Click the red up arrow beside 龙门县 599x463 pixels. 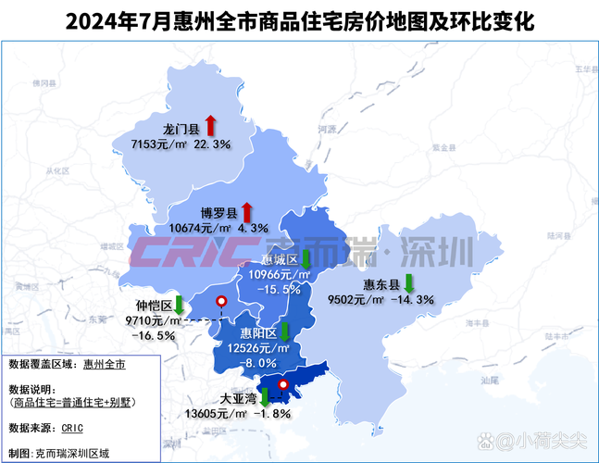(210, 125)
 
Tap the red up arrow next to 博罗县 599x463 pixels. (247, 209)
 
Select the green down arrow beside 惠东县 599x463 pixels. (408, 283)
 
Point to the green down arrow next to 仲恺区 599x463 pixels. (179, 305)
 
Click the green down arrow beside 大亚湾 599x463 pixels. (264, 398)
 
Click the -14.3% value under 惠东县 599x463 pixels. (414, 299)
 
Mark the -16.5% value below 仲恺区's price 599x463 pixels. (154, 334)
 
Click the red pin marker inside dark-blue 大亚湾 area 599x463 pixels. (283, 384)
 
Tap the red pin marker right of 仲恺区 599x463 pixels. (220, 302)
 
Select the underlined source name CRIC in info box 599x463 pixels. (73, 428)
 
